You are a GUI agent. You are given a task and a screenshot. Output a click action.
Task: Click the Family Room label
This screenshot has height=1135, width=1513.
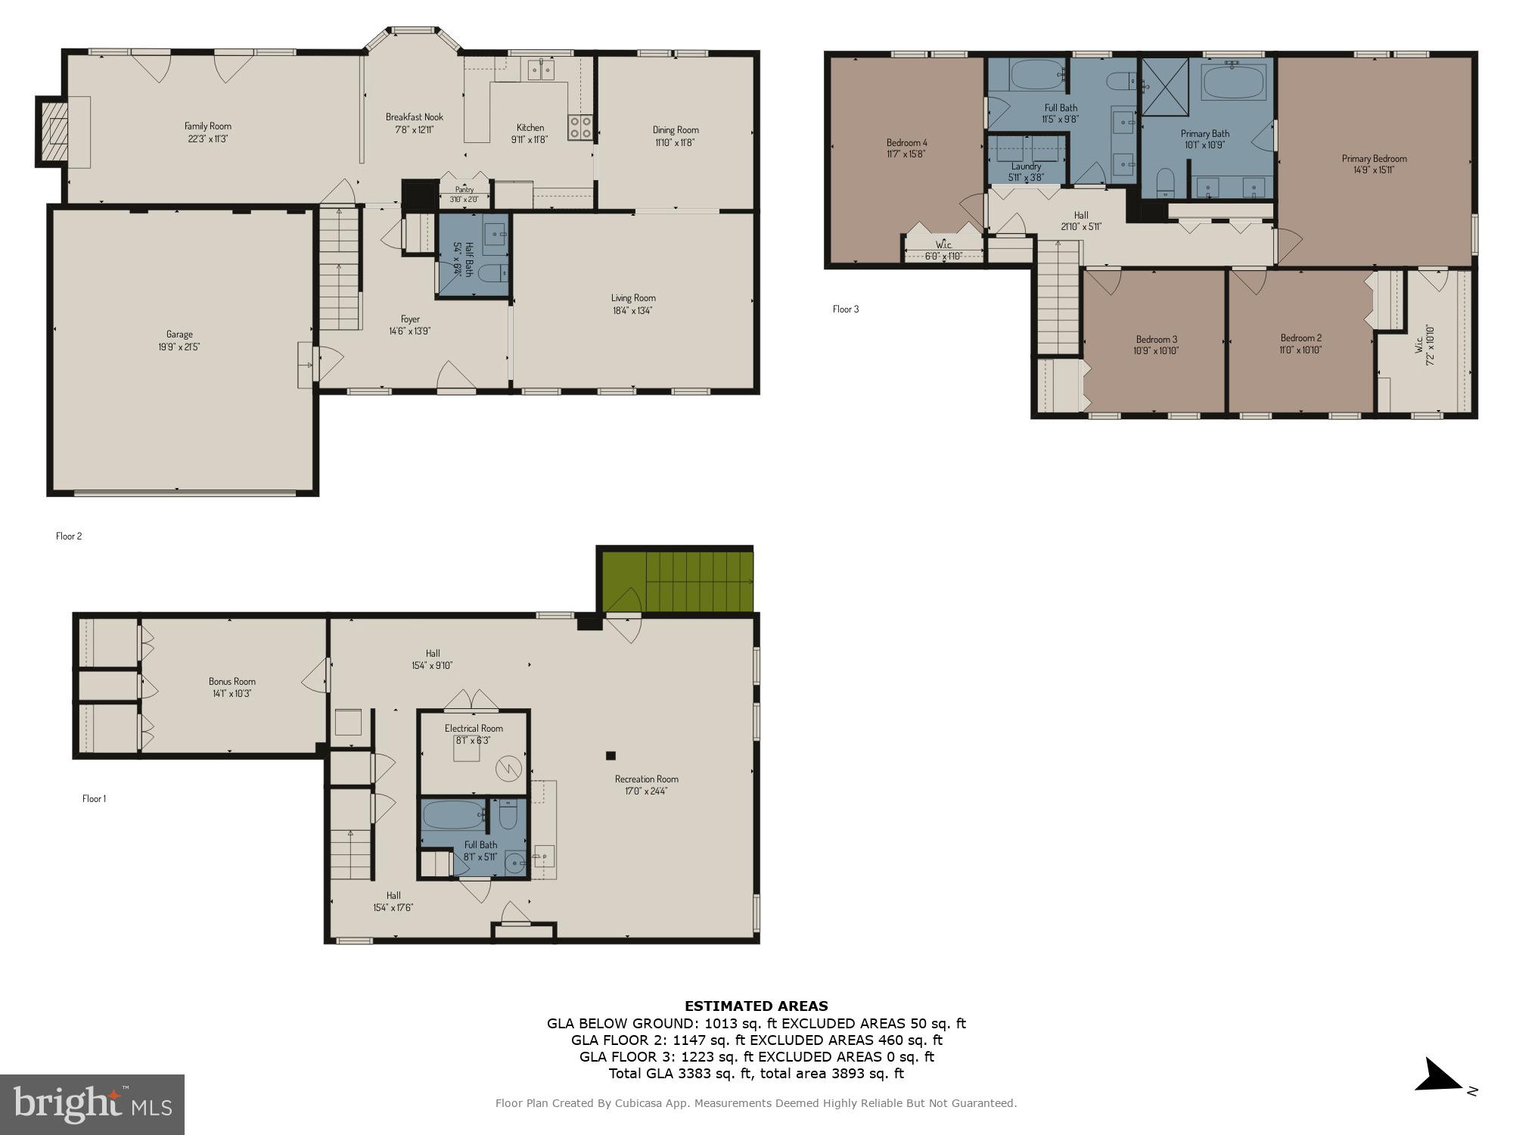pos(208,126)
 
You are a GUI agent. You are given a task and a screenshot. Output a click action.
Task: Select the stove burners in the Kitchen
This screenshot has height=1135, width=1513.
pos(580,127)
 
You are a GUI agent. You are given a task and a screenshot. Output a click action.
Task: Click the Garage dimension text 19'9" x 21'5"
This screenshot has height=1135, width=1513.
pos(179,347)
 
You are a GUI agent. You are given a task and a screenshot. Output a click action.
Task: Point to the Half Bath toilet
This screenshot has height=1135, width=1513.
pos(490,273)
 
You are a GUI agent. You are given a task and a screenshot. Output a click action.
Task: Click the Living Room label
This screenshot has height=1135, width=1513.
pos(633,298)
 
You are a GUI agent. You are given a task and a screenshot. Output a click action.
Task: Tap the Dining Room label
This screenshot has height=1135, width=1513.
pos(676,130)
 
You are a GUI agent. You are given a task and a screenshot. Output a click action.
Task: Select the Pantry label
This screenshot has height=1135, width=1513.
pos(464,190)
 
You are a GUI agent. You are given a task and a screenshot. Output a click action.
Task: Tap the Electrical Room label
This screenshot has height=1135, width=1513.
pos(474,728)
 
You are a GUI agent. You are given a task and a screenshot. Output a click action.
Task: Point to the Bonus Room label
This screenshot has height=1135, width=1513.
pos(232,681)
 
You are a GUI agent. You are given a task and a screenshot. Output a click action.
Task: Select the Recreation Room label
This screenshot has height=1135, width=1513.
pos(646,779)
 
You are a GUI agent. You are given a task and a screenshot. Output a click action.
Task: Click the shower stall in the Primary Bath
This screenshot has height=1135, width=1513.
pos(1165,87)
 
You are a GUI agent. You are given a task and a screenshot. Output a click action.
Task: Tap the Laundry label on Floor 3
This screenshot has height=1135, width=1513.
pos(1026,166)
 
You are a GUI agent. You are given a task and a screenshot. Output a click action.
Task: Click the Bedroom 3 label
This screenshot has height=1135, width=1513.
pos(1156,339)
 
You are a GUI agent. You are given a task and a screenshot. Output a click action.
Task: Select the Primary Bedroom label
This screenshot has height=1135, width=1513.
pos(1374,158)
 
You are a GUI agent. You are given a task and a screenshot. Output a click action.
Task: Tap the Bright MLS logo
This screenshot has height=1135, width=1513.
pos(92,1105)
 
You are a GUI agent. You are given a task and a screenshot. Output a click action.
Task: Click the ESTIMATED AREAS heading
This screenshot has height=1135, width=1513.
pos(756,1006)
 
